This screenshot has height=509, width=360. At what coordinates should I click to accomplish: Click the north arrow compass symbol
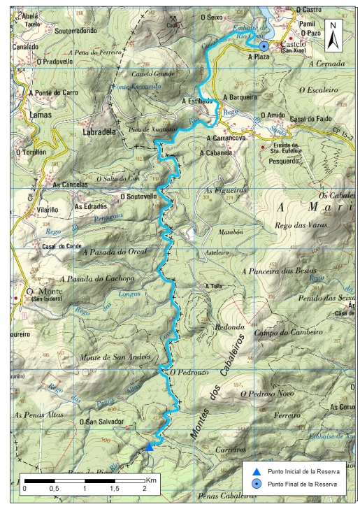coord(335,33)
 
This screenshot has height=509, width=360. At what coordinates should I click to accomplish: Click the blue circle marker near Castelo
coord(264,45)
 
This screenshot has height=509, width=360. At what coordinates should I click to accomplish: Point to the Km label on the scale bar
coord(151,480)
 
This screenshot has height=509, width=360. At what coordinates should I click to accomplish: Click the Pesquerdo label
coord(288,159)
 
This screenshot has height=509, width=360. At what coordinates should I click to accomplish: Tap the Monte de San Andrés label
coord(116,357)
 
